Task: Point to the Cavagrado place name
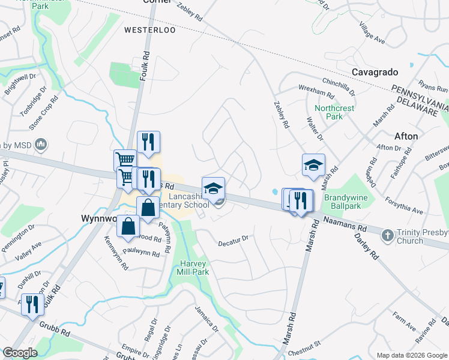tap(375, 72)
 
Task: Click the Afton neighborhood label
tap(406, 136)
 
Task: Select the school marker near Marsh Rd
tap(313, 166)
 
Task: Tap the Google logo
tap(20, 353)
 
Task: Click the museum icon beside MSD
tap(41, 145)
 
